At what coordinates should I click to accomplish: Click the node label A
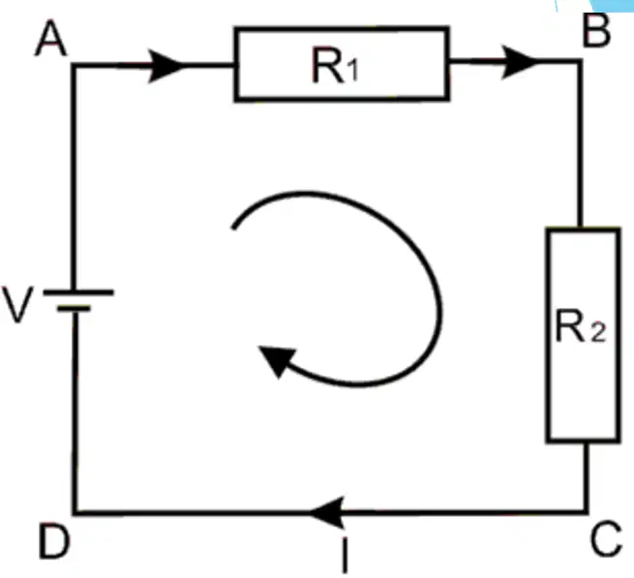(51, 38)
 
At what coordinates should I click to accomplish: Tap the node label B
(596, 31)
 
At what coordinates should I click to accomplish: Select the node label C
(606, 539)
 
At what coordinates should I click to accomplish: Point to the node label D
(54, 541)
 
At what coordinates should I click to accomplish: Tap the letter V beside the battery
(17, 305)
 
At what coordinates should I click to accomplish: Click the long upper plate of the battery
(78, 292)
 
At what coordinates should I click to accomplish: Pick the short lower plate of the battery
(74, 309)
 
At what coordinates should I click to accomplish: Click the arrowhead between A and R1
(166, 66)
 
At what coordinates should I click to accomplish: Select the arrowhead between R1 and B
(519, 62)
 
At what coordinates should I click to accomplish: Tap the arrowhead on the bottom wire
(327, 512)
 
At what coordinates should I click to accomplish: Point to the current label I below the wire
(345, 555)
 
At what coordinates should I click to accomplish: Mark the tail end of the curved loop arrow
(233, 228)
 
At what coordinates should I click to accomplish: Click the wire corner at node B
(580, 61)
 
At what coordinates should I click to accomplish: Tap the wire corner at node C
(586, 512)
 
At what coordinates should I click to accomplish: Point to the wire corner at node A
(74, 65)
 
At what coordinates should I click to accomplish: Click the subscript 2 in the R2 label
(598, 333)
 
